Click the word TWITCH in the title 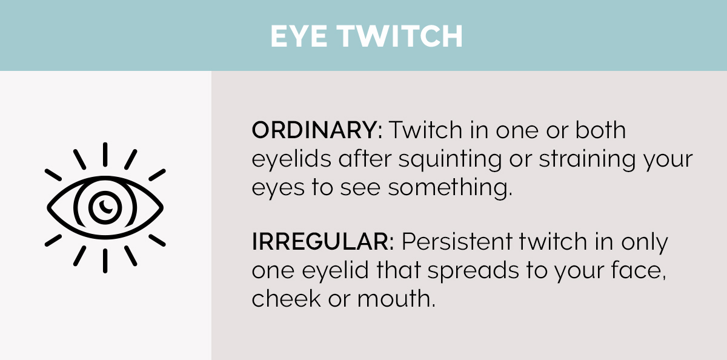click(399, 37)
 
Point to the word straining click(580, 159)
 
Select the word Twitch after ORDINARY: click(424, 130)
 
